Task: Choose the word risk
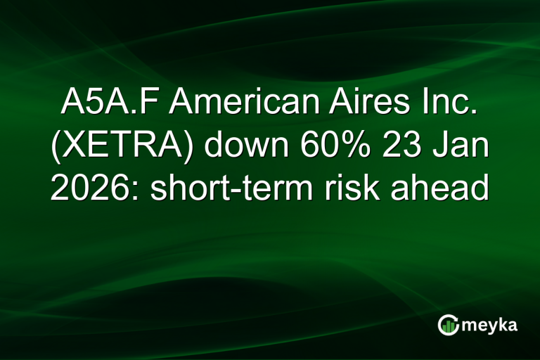(365, 189)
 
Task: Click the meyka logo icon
(449, 324)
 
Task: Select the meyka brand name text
(491, 325)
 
